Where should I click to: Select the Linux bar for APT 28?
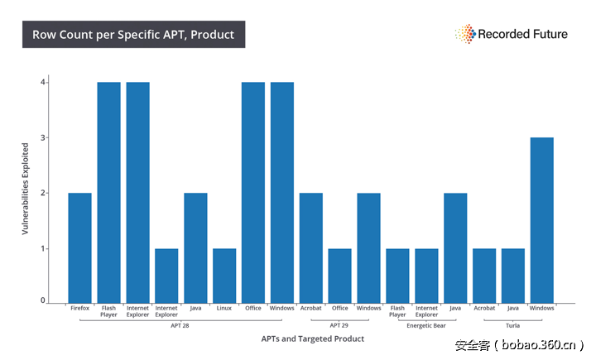pyautogui.click(x=224, y=275)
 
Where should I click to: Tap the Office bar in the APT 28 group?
pyautogui.click(x=253, y=191)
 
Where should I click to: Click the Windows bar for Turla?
pyautogui.click(x=541, y=219)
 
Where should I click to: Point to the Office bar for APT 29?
pyautogui.click(x=339, y=275)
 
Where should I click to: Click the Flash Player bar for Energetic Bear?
pyautogui.click(x=397, y=275)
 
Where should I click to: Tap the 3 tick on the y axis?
pyautogui.click(x=42, y=137)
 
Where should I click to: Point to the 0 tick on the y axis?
pyautogui.click(x=42, y=301)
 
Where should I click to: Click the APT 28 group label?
pyautogui.click(x=180, y=325)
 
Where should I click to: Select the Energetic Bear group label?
pyautogui.click(x=427, y=325)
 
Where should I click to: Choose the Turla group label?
pyautogui.click(x=512, y=325)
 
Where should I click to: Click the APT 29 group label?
pyautogui.click(x=339, y=325)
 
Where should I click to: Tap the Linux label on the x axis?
pyautogui.click(x=224, y=309)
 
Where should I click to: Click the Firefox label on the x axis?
pyautogui.click(x=79, y=309)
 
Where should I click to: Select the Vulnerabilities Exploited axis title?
pyautogui.click(x=26, y=189)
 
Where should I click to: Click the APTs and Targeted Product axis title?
pyautogui.click(x=312, y=338)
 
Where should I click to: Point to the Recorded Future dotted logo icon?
pyautogui.click(x=464, y=34)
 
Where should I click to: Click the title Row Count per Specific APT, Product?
pyautogui.click(x=133, y=35)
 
